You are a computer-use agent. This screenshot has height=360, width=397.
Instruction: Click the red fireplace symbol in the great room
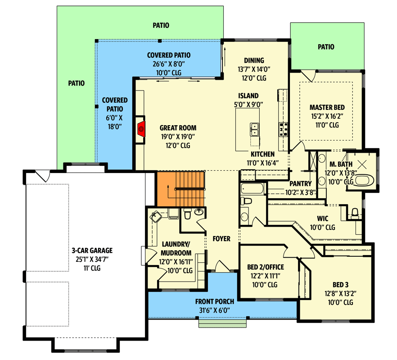pyautogui.click(x=141, y=129)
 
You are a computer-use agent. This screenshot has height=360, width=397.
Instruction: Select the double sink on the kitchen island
pyautogui.click(x=255, y=130)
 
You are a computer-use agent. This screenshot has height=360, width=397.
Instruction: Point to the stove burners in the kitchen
pyautogui.click(x=284, y=129)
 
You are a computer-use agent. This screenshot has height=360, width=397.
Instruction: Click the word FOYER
pyautogui.click(x=221, y=239)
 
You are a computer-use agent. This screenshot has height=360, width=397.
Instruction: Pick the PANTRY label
pyautogui.click(x=301, y=183)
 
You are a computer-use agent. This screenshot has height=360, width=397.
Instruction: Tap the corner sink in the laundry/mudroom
pyautogui.click(x=155, y=217)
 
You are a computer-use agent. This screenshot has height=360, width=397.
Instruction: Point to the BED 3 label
pyautogui.click(x=340, y=285)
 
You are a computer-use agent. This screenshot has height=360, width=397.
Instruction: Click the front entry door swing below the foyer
pyautogui.click(x=221, y=266)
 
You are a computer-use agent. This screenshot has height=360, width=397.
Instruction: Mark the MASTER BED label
pyautogui.click(x=327, y=107)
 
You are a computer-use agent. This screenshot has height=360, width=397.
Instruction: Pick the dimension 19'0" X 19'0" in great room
pyautogui.click(x=178, y=137)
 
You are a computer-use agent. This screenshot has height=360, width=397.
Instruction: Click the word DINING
pyautogui.click(x=254, y=60)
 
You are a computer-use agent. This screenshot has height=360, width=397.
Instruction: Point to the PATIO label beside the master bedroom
pyautogui.click(x=326, y=46)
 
